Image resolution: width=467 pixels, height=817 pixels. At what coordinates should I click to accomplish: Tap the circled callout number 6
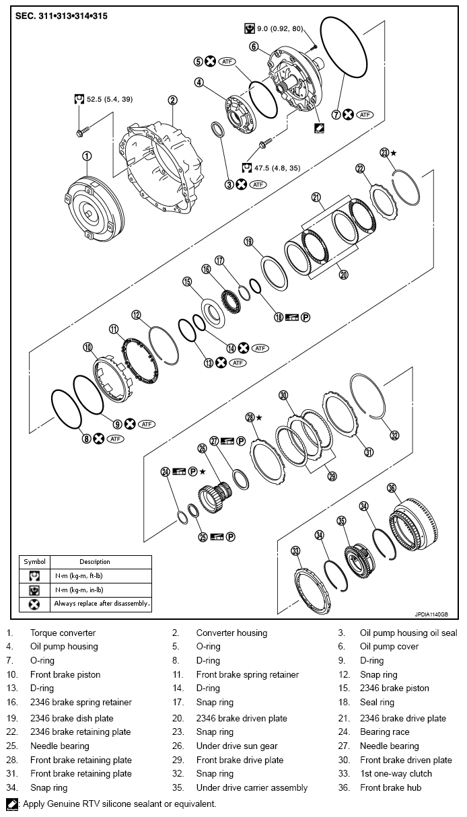[x=253, y=46]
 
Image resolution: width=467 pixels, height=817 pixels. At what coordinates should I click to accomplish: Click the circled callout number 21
[x=316, y=197]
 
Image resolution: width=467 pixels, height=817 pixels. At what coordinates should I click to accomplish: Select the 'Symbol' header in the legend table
[x=34, y=561]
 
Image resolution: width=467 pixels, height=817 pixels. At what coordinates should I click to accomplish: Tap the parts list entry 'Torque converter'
[x=63, y=633]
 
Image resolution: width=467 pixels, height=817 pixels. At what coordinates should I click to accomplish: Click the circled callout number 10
[x=87, y=347]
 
